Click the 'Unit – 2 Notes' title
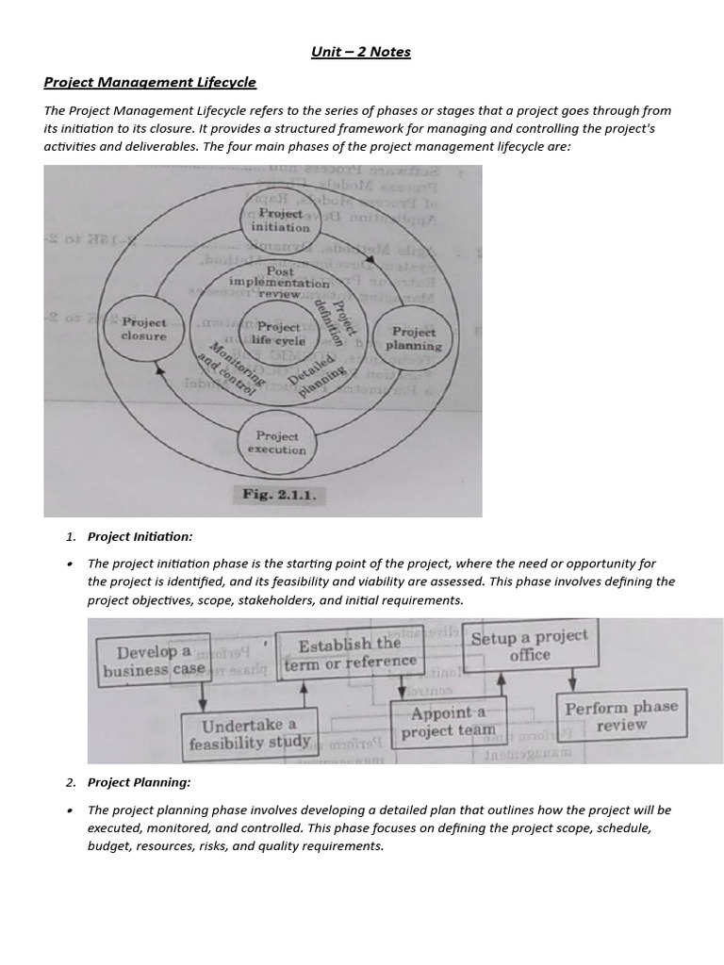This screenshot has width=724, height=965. point(361,52)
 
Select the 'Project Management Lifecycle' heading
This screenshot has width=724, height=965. point(150,83)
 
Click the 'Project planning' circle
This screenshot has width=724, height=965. point(413,338)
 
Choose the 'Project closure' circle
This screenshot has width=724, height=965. point(143,329)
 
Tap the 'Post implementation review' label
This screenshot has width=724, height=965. point(279,282)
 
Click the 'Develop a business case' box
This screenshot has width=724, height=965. point(153,661)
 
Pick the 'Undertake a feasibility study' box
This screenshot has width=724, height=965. point(249,734)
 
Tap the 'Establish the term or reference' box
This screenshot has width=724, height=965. point(350,652)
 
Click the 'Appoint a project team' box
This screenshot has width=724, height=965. point(448,723)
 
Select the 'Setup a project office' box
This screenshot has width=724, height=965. point(529,646)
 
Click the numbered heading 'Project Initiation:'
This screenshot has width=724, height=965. point(140,536)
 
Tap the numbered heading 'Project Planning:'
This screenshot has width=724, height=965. point(139,782)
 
